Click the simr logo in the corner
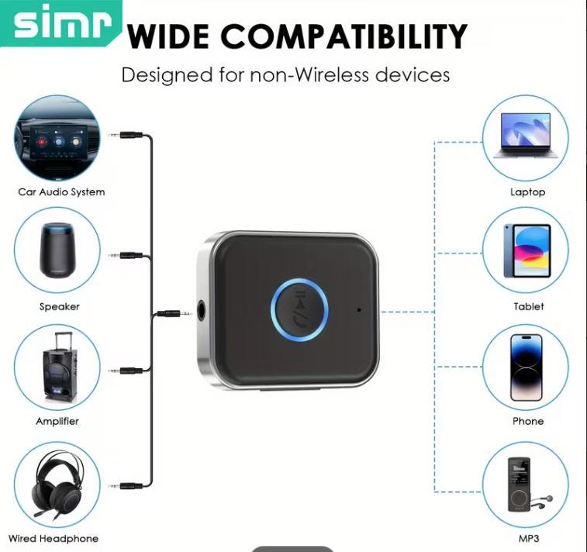click(63, 23)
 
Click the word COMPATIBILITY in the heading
click(344, 36)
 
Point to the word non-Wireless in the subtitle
click(310, 74)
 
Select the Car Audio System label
click(61, 192)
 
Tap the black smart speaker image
click(57, 250)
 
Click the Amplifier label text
click(57, 421)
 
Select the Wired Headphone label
click(54, 539)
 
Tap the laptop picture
click(526, 136)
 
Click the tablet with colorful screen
click(527, 250)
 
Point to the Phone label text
click(528, 421)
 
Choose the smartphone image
click(526, 367)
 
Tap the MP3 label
click(529, 539)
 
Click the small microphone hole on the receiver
click(359, 310)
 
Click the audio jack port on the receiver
click(202, 311)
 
